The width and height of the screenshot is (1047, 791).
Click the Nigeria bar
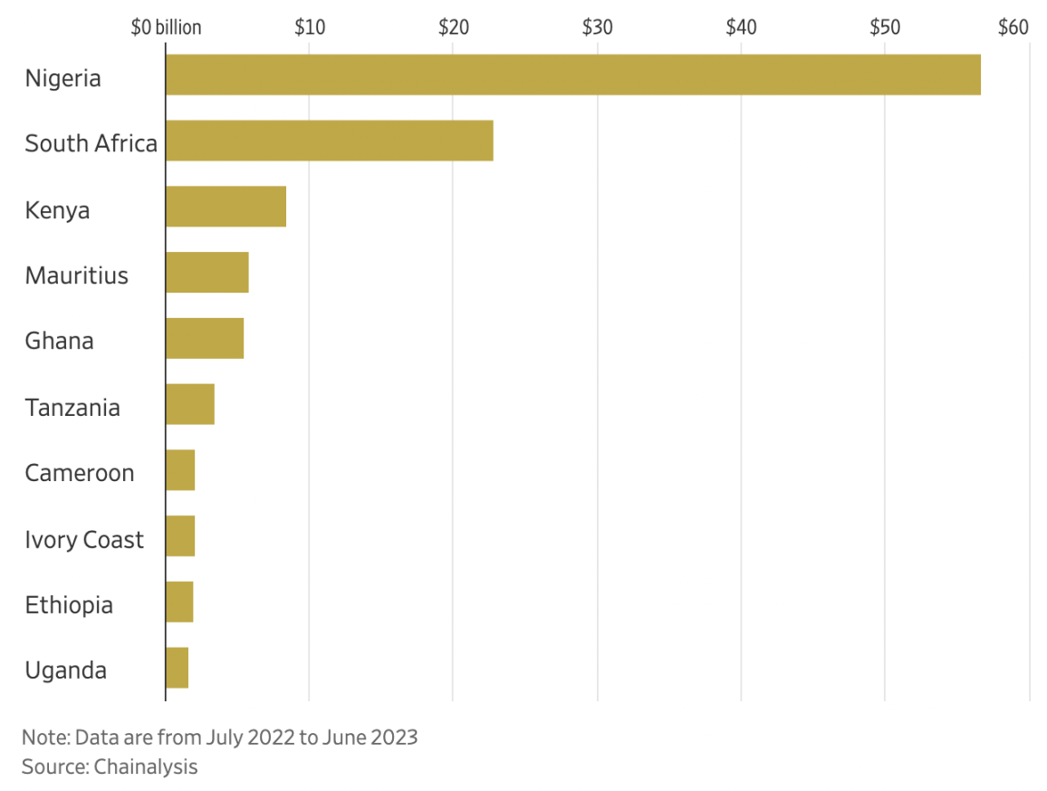[x=572, y=74]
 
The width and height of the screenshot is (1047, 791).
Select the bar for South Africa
[x=329, y=140]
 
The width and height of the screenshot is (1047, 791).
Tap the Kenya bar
[x=226, y=207]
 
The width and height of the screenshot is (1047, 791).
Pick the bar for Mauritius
[x=207, y=273]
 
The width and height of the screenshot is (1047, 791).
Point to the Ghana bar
[x=205, y=339]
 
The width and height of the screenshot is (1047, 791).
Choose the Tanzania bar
[x=190, y=404]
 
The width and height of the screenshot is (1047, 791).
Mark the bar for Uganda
[x=177, y=668]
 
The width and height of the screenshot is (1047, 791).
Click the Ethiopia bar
[x=179, y=603]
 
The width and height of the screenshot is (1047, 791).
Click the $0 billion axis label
[x=166, y=27]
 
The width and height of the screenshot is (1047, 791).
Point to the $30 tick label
[x=597, y=27]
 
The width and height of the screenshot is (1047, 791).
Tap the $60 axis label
[x=1013, y=27]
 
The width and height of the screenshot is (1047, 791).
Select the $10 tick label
[x=309, y=27]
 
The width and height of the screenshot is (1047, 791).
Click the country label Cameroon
[x=80, y=473]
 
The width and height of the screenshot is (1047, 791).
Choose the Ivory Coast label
[x=84, y=540]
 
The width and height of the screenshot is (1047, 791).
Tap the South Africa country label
[x=91, y=143]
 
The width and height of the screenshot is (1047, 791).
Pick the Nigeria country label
[x=62, y=78]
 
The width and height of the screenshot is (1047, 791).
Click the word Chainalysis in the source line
[x=145, y=767]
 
